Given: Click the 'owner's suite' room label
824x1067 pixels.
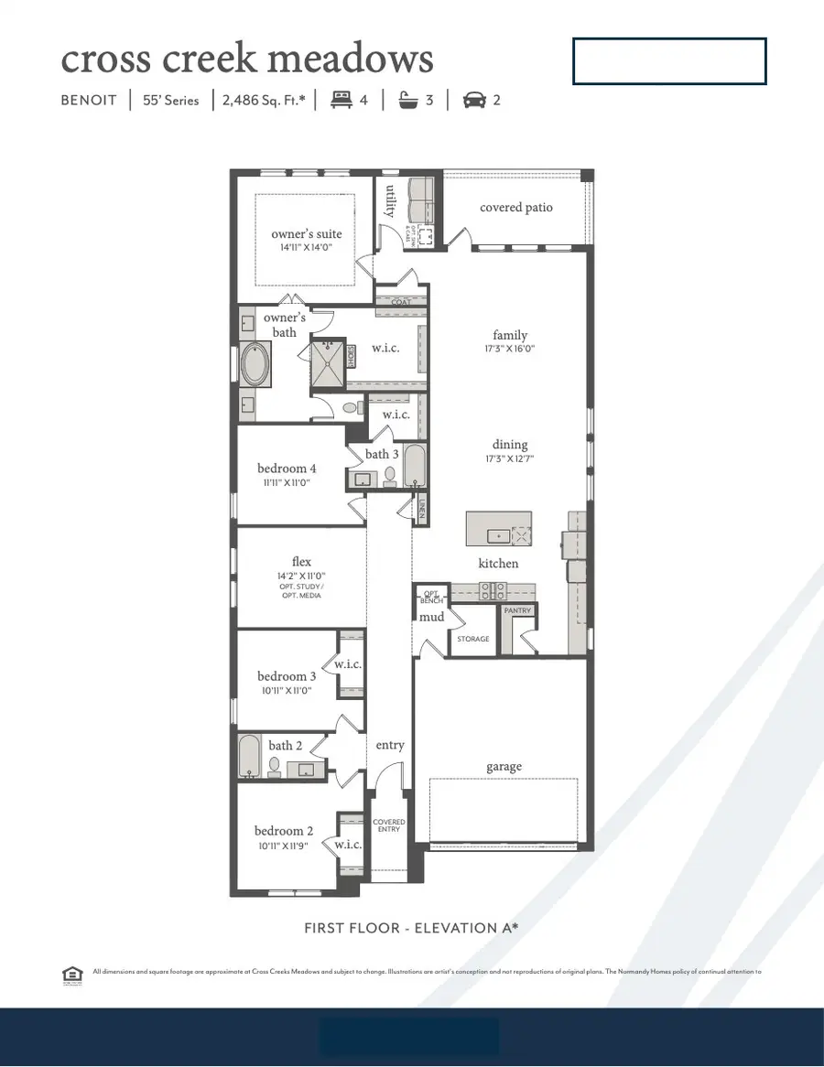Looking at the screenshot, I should tap(306, 234).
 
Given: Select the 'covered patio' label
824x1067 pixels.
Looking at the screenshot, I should tap(516, 208).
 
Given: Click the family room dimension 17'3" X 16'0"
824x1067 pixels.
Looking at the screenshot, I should tap(510, 349).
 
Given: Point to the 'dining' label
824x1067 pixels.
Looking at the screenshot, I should tap(510, 445).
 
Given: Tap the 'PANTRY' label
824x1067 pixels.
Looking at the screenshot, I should tap(516, 609).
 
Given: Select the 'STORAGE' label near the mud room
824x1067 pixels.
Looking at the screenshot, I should tap(473, 639).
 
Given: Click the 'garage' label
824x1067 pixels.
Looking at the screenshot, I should tap(504, 767).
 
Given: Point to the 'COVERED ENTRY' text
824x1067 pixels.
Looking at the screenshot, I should tap(389, 825).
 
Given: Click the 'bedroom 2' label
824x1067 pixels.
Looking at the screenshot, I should tap(284, 831).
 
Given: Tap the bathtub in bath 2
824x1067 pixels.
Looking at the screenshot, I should tap(249, 756).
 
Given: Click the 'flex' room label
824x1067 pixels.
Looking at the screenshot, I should tap(301, 562).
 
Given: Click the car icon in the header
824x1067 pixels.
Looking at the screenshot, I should tap(473, 101).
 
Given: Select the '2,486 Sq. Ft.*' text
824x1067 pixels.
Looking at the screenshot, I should tap(264, 101).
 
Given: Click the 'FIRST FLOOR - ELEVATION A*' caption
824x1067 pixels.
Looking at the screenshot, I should tap(411, 928).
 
